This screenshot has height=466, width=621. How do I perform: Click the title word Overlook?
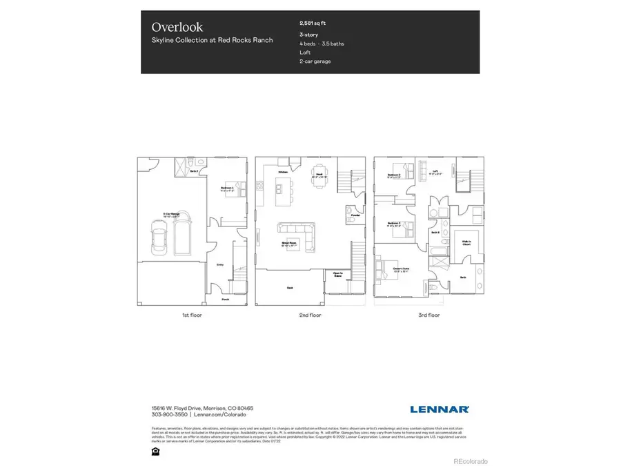click(x=177, y=27)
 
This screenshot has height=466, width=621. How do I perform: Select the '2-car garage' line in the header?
click(x=315, y=61)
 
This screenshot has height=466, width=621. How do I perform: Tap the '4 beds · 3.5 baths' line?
click(x=322, y=43)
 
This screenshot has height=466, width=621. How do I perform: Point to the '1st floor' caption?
click(x=192, y=315)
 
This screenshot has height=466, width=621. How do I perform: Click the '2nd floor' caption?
click(x=310, y=315)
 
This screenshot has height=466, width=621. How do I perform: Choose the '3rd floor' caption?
click(x=429, y=315)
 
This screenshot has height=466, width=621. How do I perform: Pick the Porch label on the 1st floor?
click(x=225, y=299)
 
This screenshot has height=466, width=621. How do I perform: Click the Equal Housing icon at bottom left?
click(x=155, y=451)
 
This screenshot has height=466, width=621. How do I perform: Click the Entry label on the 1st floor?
click(x=220, y=264)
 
